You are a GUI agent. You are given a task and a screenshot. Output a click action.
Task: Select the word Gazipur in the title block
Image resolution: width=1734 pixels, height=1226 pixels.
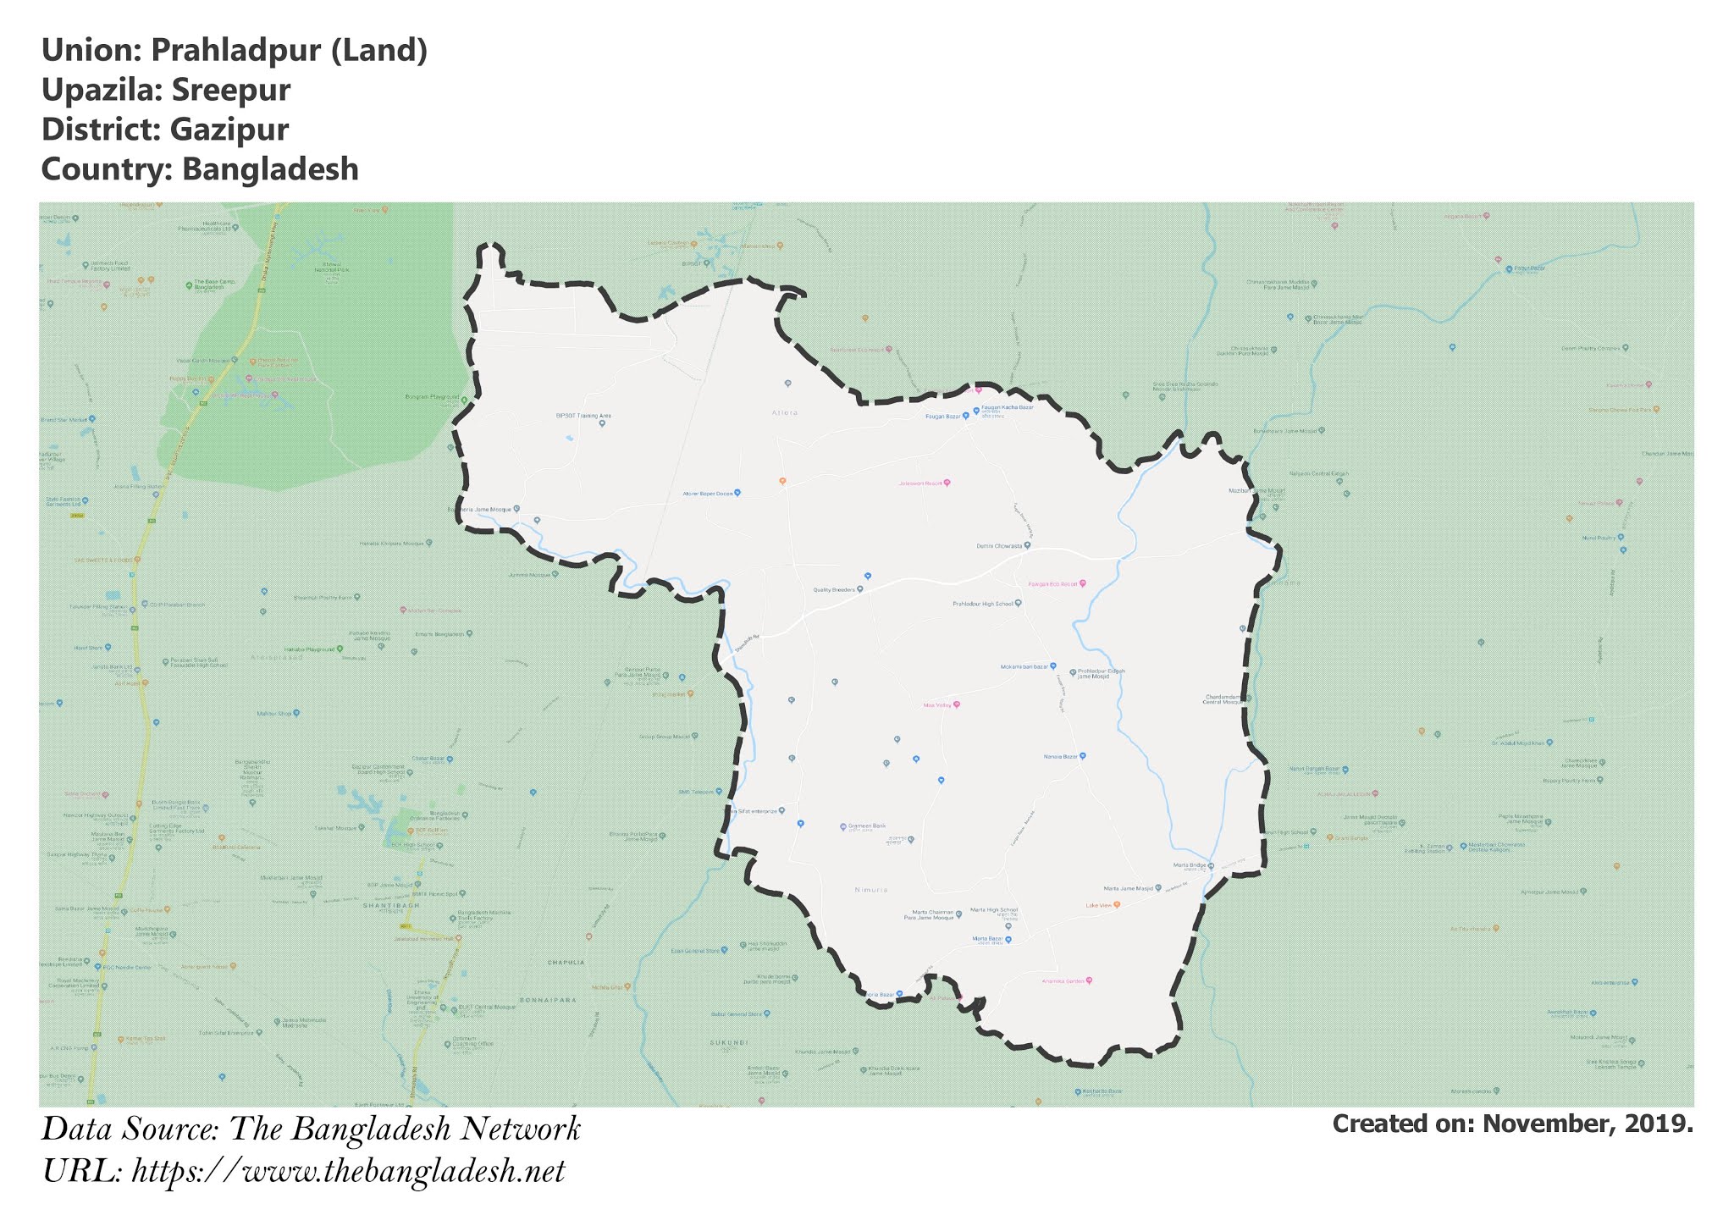[229, 130]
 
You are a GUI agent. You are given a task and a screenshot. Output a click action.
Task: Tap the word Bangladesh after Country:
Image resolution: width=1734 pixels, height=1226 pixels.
[270, 169]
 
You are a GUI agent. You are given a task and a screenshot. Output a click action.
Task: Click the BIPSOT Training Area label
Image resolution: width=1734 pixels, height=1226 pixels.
[583, 416]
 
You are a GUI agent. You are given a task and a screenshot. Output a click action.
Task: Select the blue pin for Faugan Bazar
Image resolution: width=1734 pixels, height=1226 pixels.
[965, 416]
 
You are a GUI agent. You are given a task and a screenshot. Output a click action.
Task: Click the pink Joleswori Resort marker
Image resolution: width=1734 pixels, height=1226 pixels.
[947, 483]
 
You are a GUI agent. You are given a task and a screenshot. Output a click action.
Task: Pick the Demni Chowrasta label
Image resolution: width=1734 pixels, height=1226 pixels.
[999, 546]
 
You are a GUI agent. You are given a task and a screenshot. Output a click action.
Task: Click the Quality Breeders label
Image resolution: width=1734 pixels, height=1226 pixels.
[833, 589]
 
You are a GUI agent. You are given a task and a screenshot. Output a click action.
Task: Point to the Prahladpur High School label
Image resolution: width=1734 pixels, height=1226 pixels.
[982, 604]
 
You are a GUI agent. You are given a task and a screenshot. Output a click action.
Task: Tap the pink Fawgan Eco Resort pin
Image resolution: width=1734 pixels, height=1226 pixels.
[1082, 583]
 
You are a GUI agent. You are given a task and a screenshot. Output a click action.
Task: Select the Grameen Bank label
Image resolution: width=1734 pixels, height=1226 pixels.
[867, 826]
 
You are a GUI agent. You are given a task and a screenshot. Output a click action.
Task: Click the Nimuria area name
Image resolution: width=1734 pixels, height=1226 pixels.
[871, 890]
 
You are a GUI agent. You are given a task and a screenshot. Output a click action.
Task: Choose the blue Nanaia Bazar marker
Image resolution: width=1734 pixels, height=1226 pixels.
[1082, 755]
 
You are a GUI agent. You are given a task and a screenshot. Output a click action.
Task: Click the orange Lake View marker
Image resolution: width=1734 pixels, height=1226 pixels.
[1117, 904]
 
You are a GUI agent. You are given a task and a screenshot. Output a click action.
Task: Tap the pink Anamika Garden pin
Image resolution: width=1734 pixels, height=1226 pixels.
[1089, 980]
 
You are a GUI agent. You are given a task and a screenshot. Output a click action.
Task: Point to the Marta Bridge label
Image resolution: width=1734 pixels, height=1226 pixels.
[1189, 865]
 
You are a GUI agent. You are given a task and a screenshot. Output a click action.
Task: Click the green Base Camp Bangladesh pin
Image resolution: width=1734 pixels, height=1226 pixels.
[189, 284]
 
